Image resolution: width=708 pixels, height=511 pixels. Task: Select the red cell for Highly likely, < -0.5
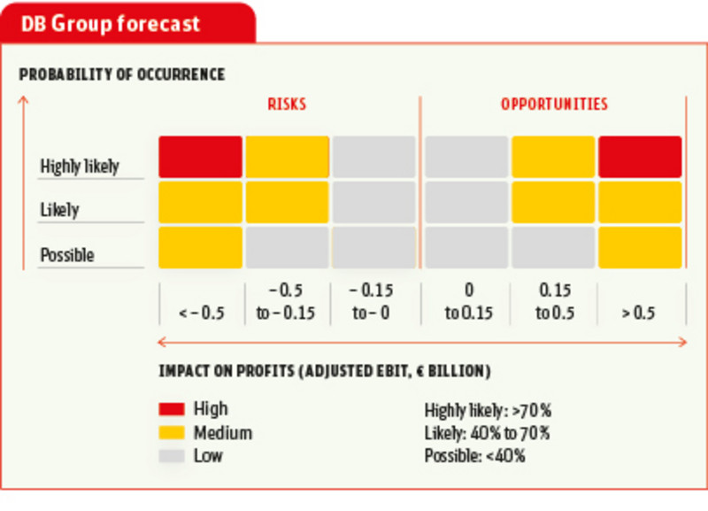(x=200, y=157)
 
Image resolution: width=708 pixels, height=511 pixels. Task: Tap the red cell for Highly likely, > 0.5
(x=640, y=157)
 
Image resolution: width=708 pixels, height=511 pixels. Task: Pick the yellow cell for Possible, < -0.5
(x=200, y=247)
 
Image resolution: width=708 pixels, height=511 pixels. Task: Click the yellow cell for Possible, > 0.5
(x=640, y=247)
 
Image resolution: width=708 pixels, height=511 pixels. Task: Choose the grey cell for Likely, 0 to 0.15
(x=466, y=202)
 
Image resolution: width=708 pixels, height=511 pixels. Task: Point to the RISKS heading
(x=287, y=104)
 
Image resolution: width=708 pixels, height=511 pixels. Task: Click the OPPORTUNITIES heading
(x=555, y=104)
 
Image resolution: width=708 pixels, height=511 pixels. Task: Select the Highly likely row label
(x=80, y=166)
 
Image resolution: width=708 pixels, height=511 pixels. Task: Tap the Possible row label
(x=67, y=256)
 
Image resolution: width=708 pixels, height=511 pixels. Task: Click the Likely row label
(x=59, y=211)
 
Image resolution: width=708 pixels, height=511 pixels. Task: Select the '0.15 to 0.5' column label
(x=554, y=301)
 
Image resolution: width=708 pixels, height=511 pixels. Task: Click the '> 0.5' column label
(x=638, y=312)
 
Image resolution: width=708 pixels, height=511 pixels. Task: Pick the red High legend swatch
(x=172, y=409)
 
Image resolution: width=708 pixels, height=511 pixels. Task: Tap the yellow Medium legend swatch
(x=172, y=433)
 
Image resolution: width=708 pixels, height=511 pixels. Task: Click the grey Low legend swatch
(x=172, y=456)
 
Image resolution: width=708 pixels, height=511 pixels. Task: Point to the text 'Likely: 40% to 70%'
(x=487, y=433)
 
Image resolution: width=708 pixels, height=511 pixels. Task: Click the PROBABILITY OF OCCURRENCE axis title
(x=122, y=74)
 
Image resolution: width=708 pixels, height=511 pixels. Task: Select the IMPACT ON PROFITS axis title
(x=325, y=369)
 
